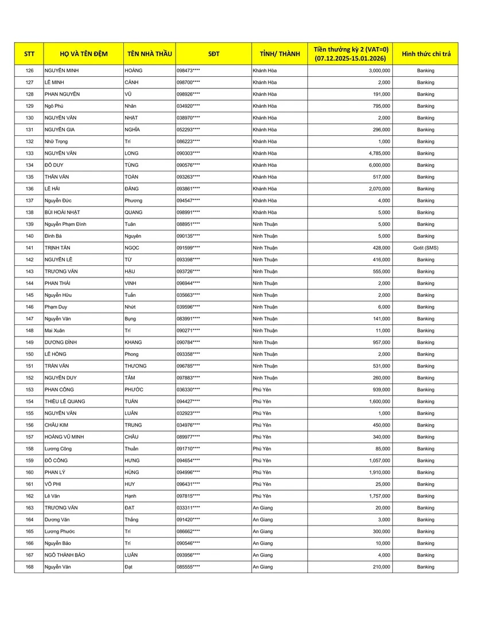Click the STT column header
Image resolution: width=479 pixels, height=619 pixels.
(29, 54)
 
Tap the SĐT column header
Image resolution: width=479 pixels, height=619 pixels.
(213, 54)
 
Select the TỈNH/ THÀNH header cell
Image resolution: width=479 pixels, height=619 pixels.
(280, 54)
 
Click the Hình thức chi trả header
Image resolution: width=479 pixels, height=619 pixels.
(426, 54)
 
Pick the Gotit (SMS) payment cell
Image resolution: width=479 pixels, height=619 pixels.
(426, 248)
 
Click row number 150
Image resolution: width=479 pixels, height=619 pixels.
(30, 354)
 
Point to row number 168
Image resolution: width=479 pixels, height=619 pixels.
(30, 567)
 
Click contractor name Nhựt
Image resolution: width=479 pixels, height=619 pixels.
(131, 307)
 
